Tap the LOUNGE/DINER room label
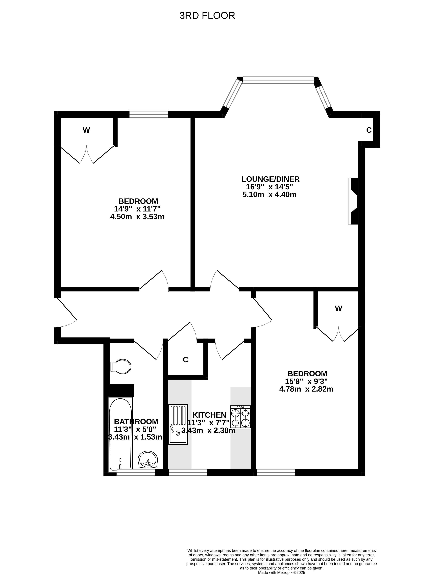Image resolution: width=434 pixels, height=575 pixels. pyautogui.click(x=270, y=179)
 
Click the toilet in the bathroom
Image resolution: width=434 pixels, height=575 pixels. pyautogui.click(x=121, y=367)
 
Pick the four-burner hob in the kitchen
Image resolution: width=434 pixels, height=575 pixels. pyautogui.click(x=240, y=417)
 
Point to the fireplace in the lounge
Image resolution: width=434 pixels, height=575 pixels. pyautogui.click(x=353, y=201)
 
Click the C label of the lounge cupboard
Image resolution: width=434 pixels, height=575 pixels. pyautogui.click(x=369, y=130)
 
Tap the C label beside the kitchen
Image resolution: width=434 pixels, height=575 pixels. pyautogui.click(x=186, y=360)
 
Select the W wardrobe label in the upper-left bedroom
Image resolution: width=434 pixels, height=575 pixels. pyautogui.click(x=86, y=130)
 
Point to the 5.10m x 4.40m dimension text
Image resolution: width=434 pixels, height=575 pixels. pyautogui.click(x=269, y=194)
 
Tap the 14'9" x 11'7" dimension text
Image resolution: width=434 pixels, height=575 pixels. pyautogui.click(x=137, y=209)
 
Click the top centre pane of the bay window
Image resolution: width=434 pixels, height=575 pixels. pyautogui.click(x=279, y=80)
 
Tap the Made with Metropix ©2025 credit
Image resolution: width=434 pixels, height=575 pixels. pyautogui.click(x=282, y=572)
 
